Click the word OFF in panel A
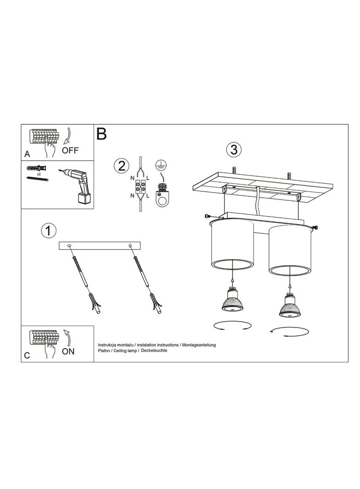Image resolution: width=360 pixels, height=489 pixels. pyautogui.click(x=70, y=150)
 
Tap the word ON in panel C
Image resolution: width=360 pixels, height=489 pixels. pyautogui.click(x=68, y=351)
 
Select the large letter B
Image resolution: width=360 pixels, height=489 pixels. pyautogui.click(x=101, y=133)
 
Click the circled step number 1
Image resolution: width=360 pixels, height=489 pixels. pyautogui.click(x=48, y=231)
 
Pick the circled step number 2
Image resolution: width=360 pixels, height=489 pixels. pyautogui.click(x=122, y=166)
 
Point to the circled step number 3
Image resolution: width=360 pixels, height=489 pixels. pyautogui.click(x=234, y=150)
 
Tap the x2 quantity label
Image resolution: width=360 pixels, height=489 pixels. pyautogui.click(x=39, y=174)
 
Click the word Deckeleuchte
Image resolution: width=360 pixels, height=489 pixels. pyautogui.click(x=154, y=350)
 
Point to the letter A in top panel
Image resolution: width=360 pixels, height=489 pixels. pyautogui.click(x=27, y=154)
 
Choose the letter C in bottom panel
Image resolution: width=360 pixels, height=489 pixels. pyautogui.click(x=27, y=355)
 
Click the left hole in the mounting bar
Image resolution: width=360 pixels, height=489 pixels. pyautogui.click(x=69, y=246)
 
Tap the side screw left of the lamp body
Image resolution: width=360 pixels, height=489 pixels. pyautogui.click(x=207, y=216)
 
